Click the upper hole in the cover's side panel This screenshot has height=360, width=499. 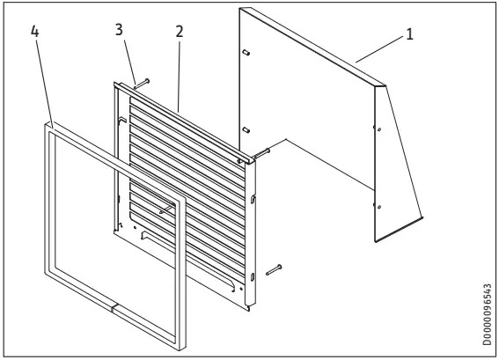379,129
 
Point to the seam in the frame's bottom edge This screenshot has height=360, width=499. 112,308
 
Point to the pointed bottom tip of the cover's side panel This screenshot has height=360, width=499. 423,219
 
